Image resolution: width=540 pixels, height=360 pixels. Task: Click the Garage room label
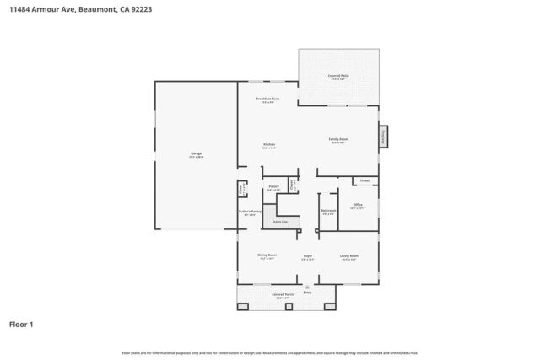[196, 154]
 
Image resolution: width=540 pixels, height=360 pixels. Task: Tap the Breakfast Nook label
[268, 100]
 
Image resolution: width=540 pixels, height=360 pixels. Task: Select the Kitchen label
[269, 146]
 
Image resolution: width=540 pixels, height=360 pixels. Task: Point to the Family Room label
[339, 140]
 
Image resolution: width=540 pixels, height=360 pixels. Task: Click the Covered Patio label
[338, 76]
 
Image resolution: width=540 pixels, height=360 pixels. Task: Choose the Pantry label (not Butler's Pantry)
[273, 188]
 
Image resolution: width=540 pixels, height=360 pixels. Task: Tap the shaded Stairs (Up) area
[279, 222]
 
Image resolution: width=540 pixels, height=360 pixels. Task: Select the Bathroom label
[328, 212]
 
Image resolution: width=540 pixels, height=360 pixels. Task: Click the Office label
[358, 206]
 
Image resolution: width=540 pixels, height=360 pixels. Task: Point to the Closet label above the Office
[364, 180]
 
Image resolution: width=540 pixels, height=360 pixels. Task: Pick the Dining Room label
[267, 256]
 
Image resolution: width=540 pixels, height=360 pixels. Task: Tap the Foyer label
[308, 256]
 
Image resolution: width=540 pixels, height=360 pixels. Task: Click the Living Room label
[349, 256]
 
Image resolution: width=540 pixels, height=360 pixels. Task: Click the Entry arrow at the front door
[307, 287]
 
